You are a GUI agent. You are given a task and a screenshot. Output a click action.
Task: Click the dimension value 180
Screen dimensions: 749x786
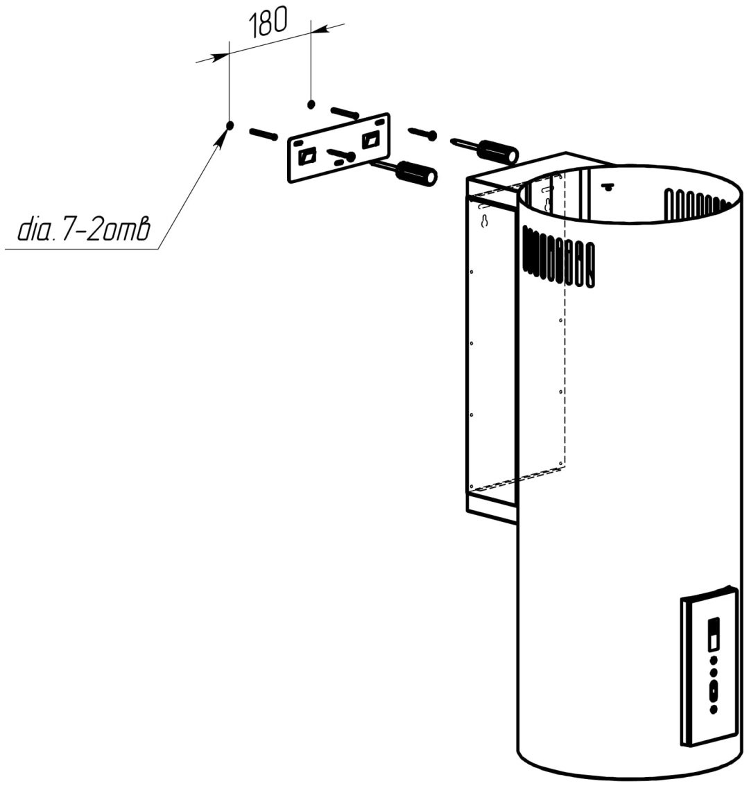coord(268,23)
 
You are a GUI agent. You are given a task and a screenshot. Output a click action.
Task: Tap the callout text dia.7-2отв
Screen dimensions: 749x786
coord(84,229)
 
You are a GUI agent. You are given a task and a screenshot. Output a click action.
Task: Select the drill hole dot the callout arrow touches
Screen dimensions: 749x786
coord(230,125)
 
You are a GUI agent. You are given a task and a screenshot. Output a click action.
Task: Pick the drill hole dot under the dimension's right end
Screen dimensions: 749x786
coord(311,104)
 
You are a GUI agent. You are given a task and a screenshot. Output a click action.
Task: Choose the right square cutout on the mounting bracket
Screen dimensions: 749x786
coord(372,139)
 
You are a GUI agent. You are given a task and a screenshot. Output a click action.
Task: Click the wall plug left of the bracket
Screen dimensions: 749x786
coord(264,134)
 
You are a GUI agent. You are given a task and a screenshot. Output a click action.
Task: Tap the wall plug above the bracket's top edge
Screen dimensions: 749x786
coord(344,113)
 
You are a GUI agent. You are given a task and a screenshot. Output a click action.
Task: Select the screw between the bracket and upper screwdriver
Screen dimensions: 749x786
coord(423,133)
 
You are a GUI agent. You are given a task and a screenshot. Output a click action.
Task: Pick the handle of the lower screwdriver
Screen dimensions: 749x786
coord(417,173)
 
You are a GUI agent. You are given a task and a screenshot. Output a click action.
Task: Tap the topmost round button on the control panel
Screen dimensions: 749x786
coord(714,661)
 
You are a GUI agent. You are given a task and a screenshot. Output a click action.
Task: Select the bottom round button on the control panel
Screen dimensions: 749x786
coord(714,709)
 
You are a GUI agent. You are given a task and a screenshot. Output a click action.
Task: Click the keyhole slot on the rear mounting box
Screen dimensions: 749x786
coord(484,220)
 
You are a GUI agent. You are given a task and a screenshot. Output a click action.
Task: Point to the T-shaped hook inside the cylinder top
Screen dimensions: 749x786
coord(607,186)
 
